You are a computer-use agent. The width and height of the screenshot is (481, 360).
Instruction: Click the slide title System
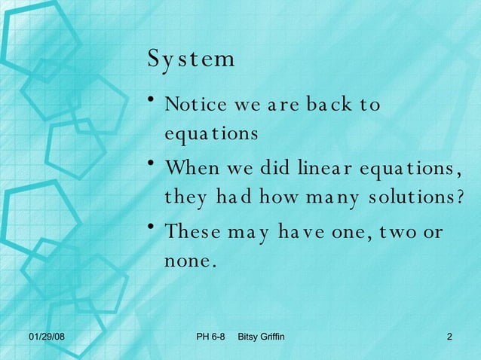click(191, 59)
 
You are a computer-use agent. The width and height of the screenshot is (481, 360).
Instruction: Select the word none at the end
click(190, 261)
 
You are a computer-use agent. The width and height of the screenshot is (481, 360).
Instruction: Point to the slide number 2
click(449, 335)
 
